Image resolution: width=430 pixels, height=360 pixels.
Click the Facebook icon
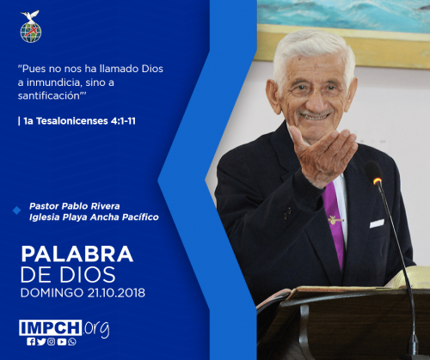click(x=31, y=342)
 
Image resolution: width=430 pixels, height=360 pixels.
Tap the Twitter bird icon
click(x=41, y=342)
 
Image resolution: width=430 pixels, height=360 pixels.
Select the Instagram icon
click(x=52, y=342)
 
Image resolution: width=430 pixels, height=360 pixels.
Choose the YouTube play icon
click(x=62, y=342)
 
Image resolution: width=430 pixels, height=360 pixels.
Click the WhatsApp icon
click(x=72, y=342)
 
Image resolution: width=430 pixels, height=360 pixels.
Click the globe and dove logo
click(x=31, y=27)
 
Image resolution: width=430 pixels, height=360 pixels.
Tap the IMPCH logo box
click(x=50, y=327)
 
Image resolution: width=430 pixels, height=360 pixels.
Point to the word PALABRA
click(x=77, y=254)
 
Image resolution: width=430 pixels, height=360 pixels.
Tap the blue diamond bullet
click(x=17, y=211)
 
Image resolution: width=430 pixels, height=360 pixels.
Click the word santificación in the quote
click(x=49, y=96)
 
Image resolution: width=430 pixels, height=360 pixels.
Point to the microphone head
click(x=373, y=173)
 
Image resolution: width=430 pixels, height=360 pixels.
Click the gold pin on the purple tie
click(x=335, y=220)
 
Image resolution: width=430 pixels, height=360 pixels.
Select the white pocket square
click(x=377, y=223)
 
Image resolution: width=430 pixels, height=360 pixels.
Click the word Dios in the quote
click(x=152, y=69)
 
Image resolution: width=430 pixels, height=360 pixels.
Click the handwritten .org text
click(x=96, y=328)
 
